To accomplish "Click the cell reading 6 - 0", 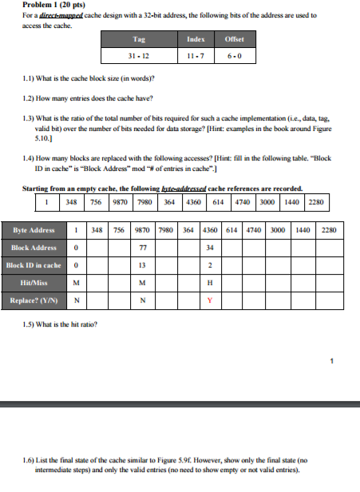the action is pyautogui.click(x=235, y=56).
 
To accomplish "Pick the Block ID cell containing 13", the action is pyautogui.click(x=141, y=264).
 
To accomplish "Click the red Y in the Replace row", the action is pyautogui.click(x=208, y=300).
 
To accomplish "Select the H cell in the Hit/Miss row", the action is pyautogui.click(x=208, y=283).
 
